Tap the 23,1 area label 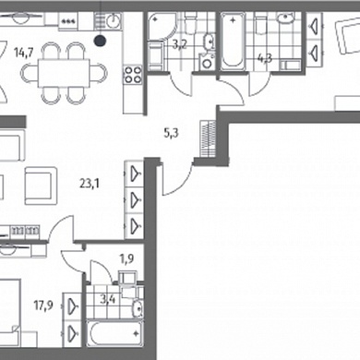pos(89,184)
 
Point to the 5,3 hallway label pos(171,134)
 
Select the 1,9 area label pos(126,259)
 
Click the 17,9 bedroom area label pos(43,306)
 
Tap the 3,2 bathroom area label pos(180,45)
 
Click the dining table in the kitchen pos(64,73)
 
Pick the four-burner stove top pos(133,75)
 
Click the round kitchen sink pos(114,21)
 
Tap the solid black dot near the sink pos(100,41)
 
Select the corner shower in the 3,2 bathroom pos(161,27)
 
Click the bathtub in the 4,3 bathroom pos(233,40)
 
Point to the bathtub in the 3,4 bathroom pos(114,334)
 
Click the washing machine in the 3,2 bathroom pos(208,62)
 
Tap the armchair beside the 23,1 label pos(41,186)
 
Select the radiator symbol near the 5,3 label pos(208,138)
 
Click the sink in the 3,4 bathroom pos(138,308)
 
